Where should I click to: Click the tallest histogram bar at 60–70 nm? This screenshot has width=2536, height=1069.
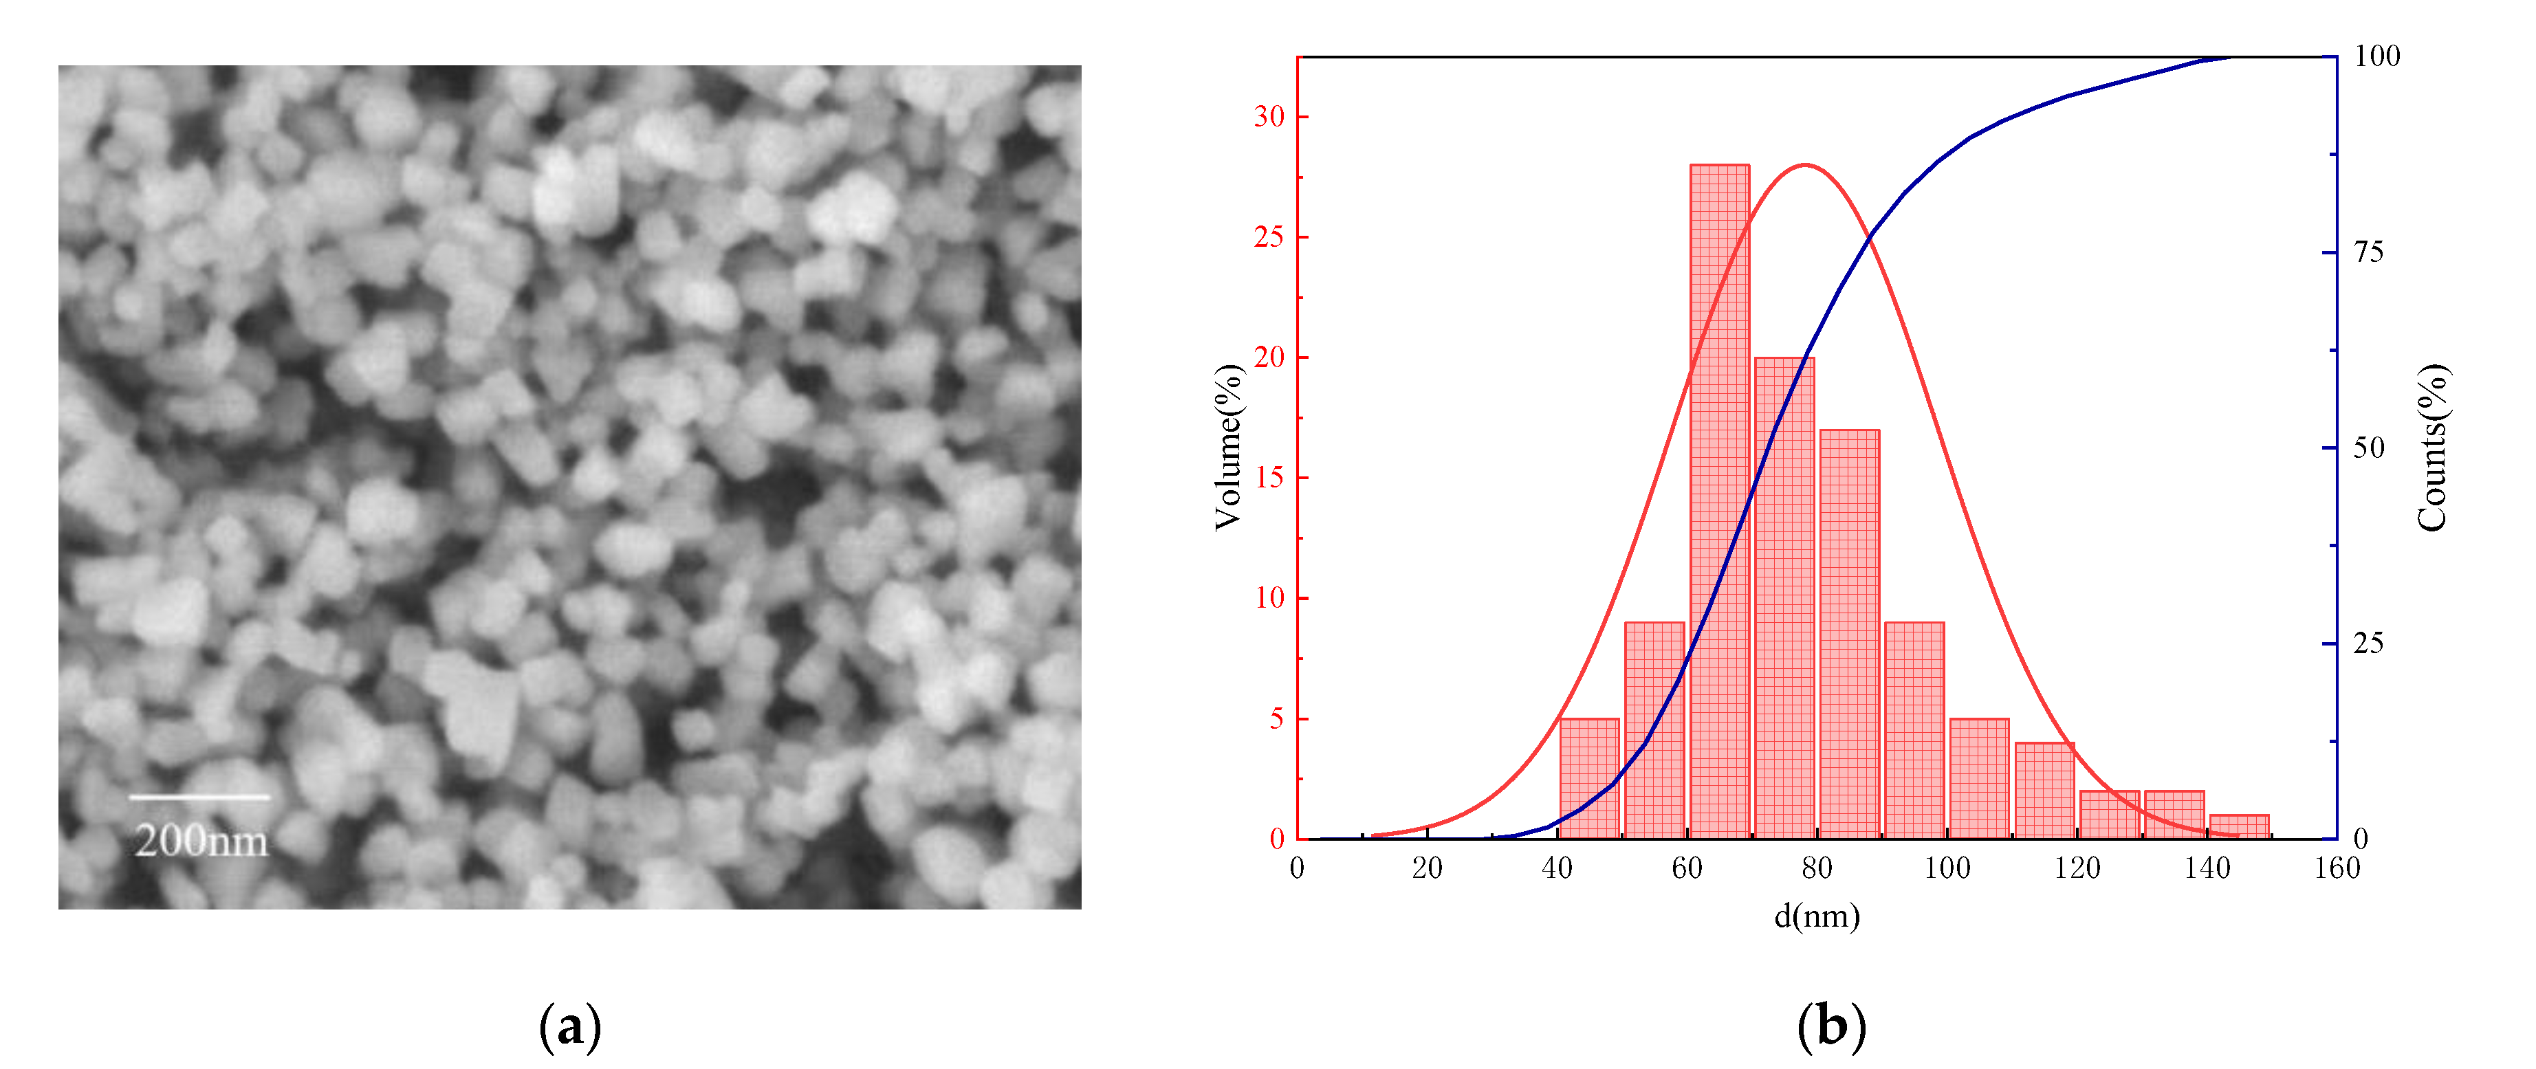point(1720,502)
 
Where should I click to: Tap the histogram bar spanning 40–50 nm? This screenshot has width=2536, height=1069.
point(1590,779)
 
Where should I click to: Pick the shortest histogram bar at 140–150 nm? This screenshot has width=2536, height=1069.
point(2240,827)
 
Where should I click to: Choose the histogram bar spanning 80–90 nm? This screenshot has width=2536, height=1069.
point(1850,635)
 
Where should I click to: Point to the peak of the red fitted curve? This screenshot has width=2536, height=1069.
point(1804,166)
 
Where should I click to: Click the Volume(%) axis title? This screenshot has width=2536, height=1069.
point(1227,448)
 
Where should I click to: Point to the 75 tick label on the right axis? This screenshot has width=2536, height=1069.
point(2369,253)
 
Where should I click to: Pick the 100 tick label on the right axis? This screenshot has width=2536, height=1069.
point(2376,57)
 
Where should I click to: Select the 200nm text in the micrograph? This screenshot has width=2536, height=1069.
point(201,841)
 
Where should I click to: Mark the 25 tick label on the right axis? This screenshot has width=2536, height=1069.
point(2369,643)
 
